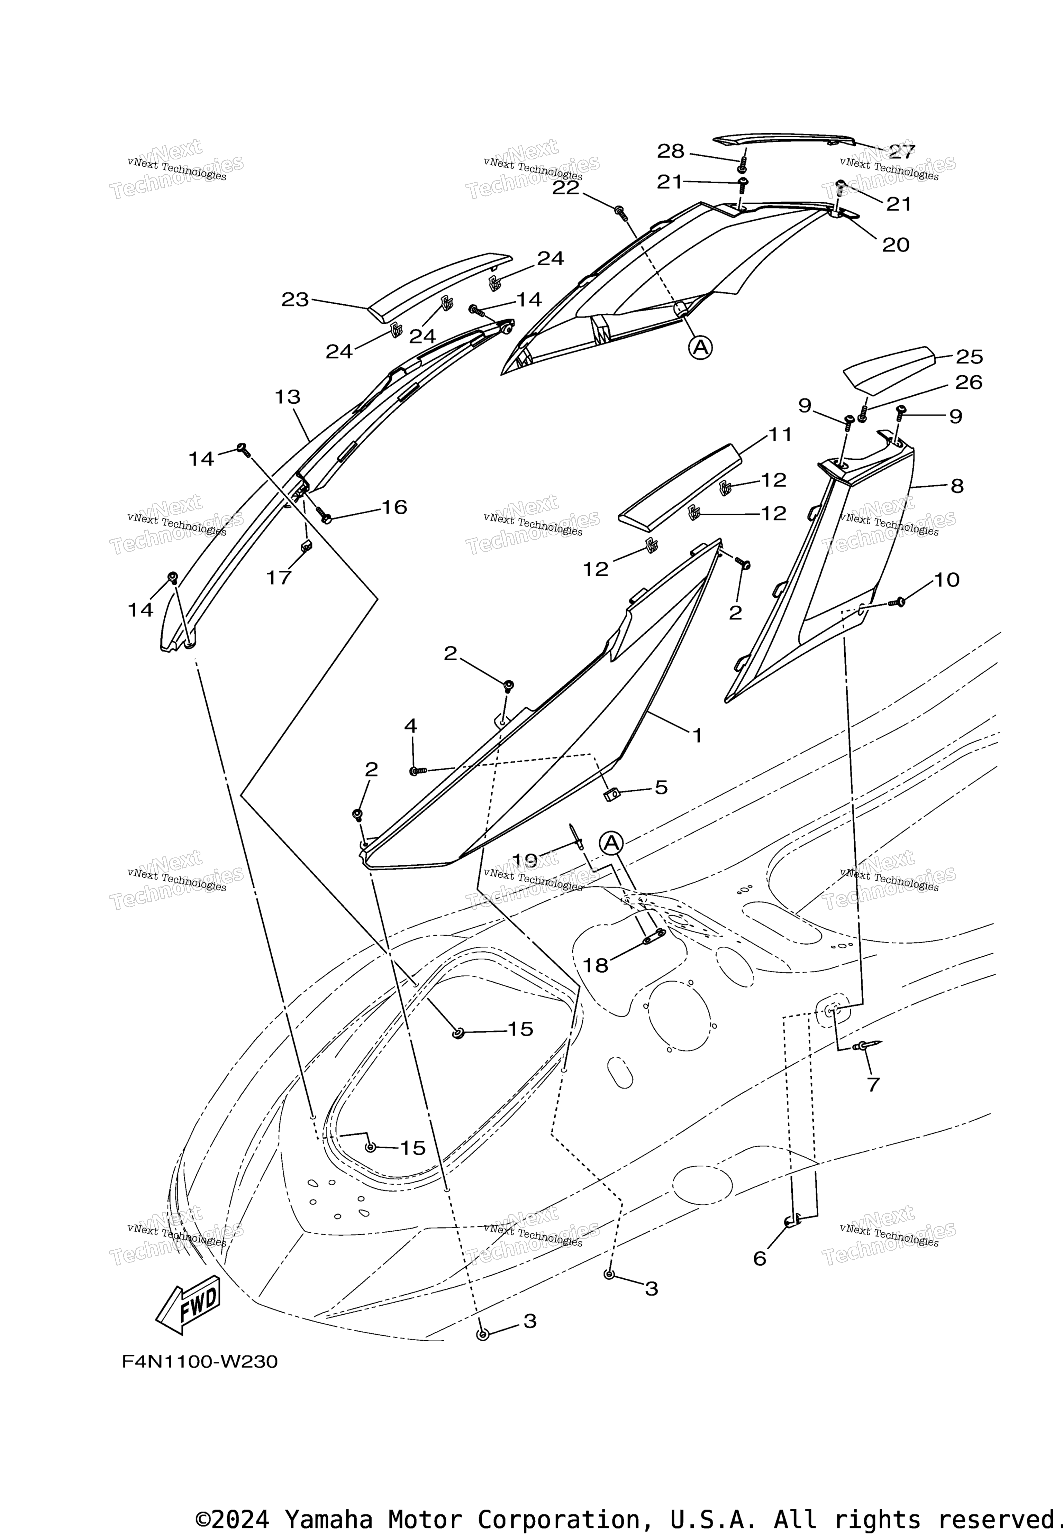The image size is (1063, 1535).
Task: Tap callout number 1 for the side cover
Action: pos(697,736)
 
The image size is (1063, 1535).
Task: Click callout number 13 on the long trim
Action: pos(288,397)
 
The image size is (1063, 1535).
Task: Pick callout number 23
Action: pos(295,300)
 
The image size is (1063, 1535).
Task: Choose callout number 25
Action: pos(969,357)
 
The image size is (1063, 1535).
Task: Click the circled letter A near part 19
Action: pos(611,843)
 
